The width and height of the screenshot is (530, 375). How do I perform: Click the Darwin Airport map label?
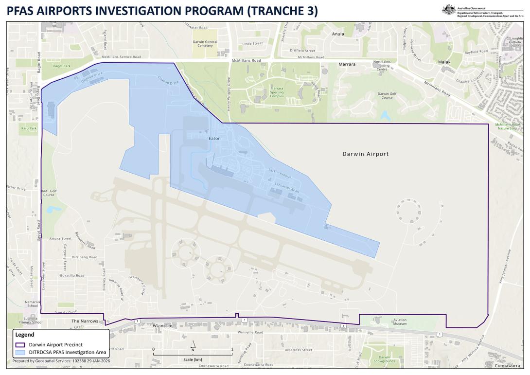pyautogui.click(x=365, y=154)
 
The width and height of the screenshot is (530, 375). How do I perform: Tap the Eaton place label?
pyautogui.click(x=214, y=139)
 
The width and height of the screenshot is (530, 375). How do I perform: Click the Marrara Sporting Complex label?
pyautogui.click(x=270, y=92)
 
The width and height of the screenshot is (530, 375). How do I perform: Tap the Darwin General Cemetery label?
pyautogui.click(x=205, y=43)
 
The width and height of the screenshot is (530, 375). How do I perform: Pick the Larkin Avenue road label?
pyautogui.click(x=280, y=173)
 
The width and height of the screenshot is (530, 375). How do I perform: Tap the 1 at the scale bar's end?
pyautogui.click(x=232, y=349)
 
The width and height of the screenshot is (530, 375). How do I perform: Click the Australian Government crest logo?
pyautogui.click(x=447, y=8)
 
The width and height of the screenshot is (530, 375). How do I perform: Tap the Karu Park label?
pyautogui.click(x=29, y=128)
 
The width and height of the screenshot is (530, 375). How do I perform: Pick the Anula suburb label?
pyautogui.click(x=337, y=34)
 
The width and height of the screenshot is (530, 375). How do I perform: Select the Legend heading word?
pyautogui.click(x=25, y=335)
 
